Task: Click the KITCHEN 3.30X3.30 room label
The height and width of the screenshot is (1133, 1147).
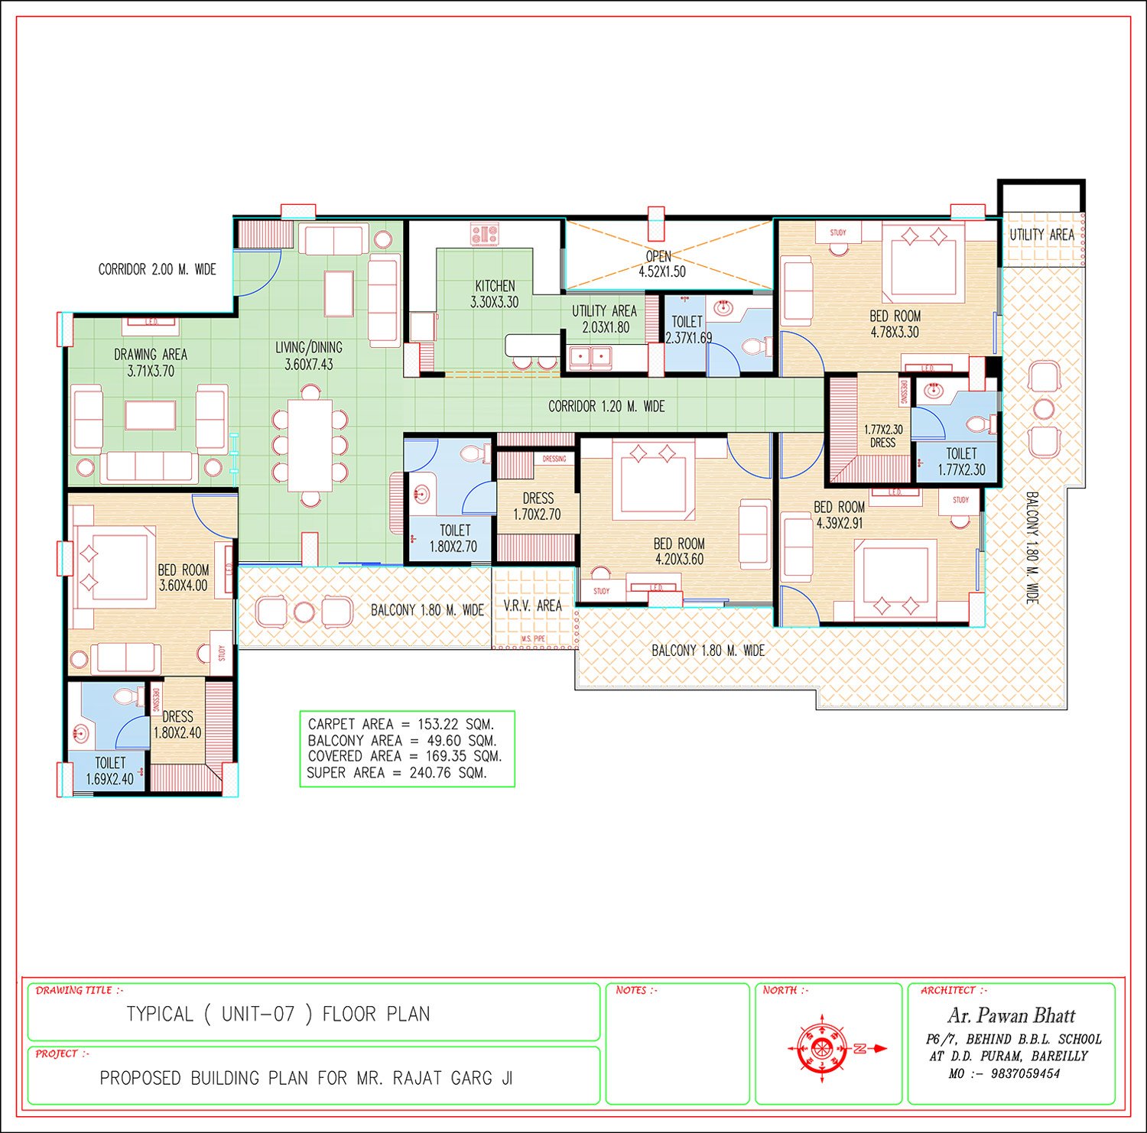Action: [495, 294]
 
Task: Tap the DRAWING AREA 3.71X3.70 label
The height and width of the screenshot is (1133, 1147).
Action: [151, 362]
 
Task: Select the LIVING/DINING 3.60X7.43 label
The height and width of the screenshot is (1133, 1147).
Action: [309, 355]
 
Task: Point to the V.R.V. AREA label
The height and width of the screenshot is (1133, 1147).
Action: [532, 605]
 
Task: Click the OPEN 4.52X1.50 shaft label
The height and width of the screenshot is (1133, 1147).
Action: [662, 264]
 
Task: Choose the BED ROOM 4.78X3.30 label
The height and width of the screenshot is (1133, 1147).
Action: [895, 324]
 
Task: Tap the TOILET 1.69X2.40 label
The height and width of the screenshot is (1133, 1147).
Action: [110, 771]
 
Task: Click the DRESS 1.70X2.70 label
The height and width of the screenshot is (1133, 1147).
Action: [538, 506]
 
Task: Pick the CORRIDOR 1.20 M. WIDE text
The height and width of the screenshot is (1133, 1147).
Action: [606, 407]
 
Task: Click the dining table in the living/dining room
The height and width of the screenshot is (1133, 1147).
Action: [310, 445]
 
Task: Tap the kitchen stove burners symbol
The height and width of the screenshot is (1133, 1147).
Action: [485, 234]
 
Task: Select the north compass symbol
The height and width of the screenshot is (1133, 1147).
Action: [822, 1048]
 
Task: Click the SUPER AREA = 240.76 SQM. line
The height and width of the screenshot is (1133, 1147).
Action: [397, 773]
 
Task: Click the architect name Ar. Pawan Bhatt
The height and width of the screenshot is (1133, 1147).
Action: [1011, 1015]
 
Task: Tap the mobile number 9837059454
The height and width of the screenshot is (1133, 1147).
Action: [1025, 1073]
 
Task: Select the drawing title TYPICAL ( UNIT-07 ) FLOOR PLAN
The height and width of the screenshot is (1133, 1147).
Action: [278, 1015]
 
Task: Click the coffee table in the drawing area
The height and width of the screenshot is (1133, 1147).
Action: [151, 415]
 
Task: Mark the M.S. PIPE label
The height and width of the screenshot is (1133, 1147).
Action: [533, 638]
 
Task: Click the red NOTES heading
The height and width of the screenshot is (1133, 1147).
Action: [636, 990]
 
